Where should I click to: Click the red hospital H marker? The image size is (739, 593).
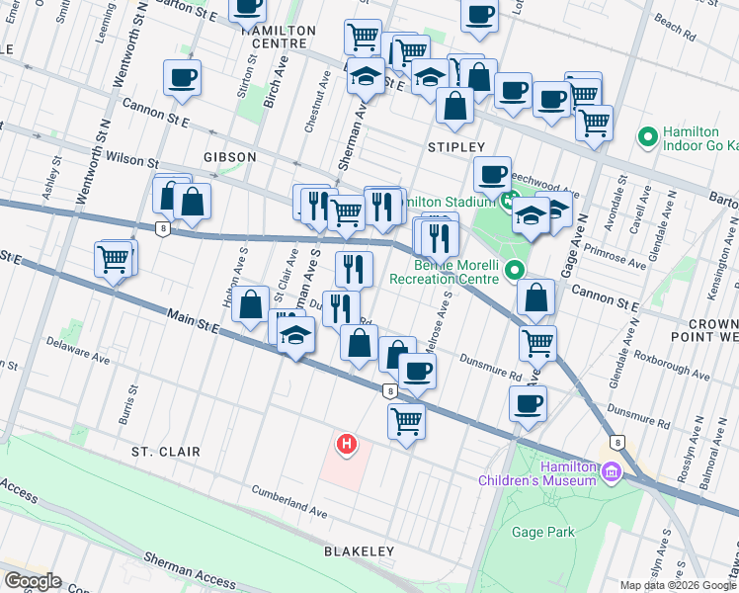click(x=346, y=446)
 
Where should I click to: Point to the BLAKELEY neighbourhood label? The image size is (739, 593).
click(x=357, y=551)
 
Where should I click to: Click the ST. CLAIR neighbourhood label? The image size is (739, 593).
click(x=166, y=452)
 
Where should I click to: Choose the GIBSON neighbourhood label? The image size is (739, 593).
click(x=230, y=157)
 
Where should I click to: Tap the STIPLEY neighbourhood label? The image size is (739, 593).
click(x=456, y=146)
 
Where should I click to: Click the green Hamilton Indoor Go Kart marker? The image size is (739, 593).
click(x=649, y=135)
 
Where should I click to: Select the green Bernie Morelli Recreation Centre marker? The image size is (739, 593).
click(x=514, y=269)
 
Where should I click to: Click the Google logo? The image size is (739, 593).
click(x=32, y=581)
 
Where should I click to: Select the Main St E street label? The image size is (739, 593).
click(x=179, y=322)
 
